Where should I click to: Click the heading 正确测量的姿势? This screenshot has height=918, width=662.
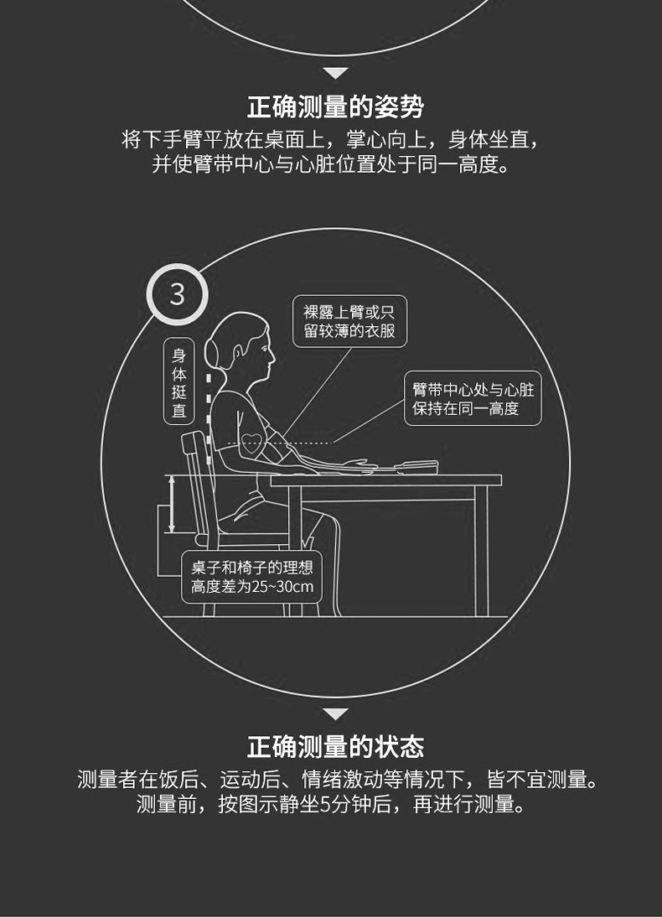[335, 107]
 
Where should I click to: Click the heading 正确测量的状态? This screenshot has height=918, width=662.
[335, 746]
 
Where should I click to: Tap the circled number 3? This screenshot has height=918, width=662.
[177, 294]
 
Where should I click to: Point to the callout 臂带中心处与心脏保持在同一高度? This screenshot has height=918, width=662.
[473, 399]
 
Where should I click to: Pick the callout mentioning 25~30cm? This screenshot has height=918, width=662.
[251, 578]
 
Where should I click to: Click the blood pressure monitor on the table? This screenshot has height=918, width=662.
[424, 466]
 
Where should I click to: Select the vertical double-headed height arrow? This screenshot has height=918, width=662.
[172, 503]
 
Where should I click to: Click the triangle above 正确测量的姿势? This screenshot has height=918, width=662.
[335, 74]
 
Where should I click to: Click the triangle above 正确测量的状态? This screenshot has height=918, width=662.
[335, 714]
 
